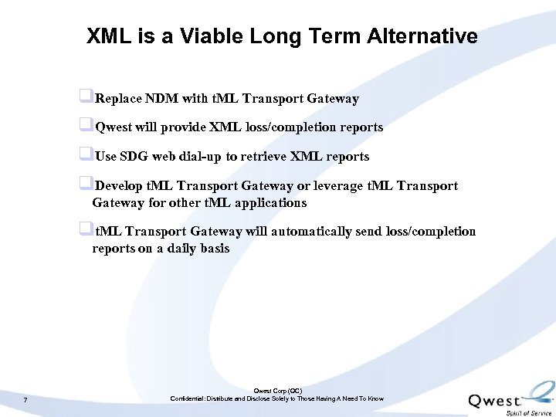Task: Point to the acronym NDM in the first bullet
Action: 161,98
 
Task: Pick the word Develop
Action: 119,185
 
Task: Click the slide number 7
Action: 25,399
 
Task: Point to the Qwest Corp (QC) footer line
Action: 277,392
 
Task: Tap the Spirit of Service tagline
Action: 528,413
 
